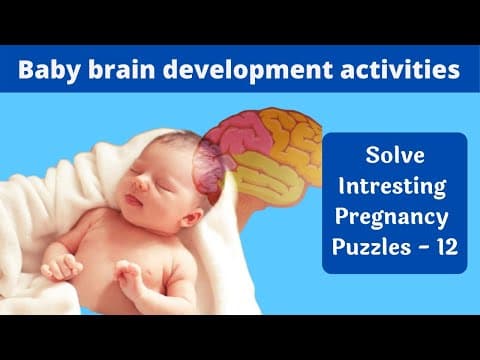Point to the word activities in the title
tap(394, 70)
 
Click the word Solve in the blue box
tap(395, 159)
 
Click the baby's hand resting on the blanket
tap(60, 266)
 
